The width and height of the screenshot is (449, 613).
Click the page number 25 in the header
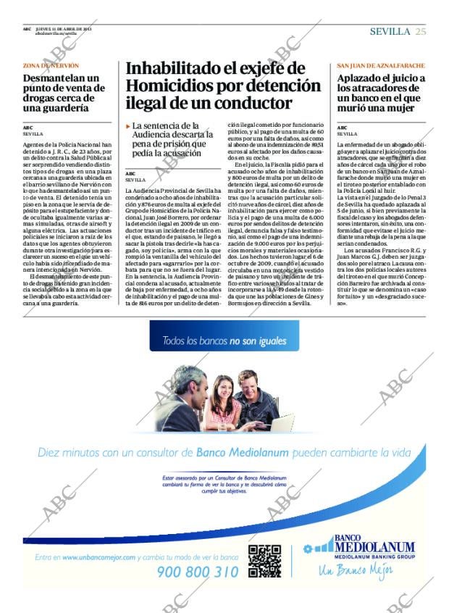[421, 31]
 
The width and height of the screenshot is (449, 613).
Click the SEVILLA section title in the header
[390, 31]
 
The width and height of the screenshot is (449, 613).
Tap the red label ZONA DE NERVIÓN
[51, 65]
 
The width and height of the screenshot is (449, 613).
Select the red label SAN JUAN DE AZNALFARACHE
[381, 65]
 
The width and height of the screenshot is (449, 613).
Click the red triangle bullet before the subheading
[128, 126]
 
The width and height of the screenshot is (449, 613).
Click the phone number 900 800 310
[198, 572]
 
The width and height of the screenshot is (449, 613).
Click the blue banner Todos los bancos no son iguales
[224, 341]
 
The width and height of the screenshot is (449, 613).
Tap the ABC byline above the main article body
[130, 174]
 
